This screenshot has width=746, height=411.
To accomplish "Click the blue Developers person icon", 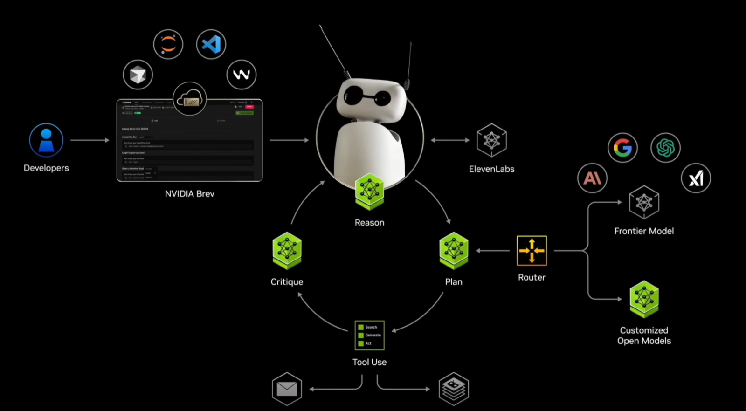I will pyautogui.click(x=46, y=140).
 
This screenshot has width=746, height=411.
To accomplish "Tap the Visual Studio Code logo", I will pyautogui.click(x=211, y=45).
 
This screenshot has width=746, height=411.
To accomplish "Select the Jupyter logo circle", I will pyautogui.click(x=168, y=45).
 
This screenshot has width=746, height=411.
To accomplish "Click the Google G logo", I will pyautogui.click(x=622, y=148).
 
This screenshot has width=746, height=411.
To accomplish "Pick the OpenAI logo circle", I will pyautogui.click(x=665, y=148).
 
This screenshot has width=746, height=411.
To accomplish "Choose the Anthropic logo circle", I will pyautogui.click(x=592, y=178).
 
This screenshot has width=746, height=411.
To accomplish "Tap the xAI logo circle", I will pyautogui.click(x=696, y=178).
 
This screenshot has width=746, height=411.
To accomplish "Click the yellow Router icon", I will pyautogui.click(x=532, y=251).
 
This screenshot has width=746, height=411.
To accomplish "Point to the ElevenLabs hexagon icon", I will pyautogui.click(x=491, y=140).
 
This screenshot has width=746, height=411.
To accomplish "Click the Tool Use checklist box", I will pyautogui.click(x=369, y=335).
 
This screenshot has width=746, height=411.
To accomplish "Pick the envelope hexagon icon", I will pyautogui.click(x=287, y=389).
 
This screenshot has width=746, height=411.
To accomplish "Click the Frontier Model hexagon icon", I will pyautogui.click(x=644, y=202).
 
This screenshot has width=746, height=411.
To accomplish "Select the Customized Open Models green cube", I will pyautogui.click(x=644, y=299).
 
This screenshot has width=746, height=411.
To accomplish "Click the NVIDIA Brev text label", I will pyautogui.click(x=190, y=194).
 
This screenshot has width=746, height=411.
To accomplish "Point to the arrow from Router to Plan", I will pyautogui.click(x=493, y=251).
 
